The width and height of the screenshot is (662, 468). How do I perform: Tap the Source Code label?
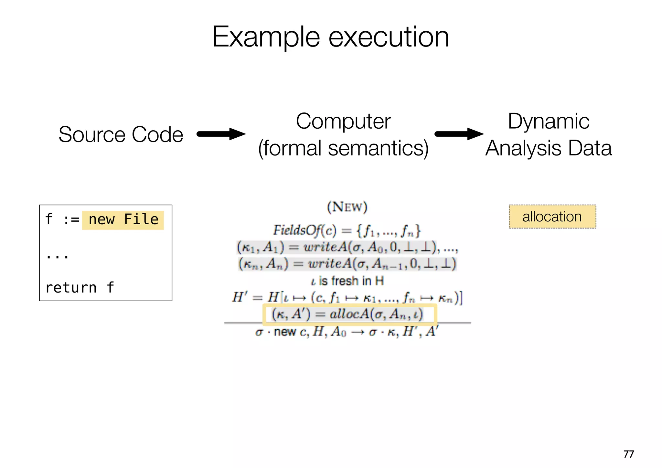click(121, 134)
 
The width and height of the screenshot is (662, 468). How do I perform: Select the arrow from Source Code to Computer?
click(221, 134)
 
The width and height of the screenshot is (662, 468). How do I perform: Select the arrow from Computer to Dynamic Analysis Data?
click(459, 134)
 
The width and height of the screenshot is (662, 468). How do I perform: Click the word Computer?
click(343, 122)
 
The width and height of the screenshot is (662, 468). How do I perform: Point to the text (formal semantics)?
click(343, 148)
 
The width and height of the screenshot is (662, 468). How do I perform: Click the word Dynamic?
click(549, 122)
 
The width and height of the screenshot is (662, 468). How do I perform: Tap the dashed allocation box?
click(552, 217)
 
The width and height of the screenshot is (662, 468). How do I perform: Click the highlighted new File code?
click(123, 220)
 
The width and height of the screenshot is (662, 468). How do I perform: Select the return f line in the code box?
click(80, 288)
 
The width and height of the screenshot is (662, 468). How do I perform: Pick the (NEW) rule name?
click(347, 207)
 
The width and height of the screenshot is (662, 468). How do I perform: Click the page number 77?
click(628, 454)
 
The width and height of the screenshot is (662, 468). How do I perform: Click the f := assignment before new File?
click(62, 220)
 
